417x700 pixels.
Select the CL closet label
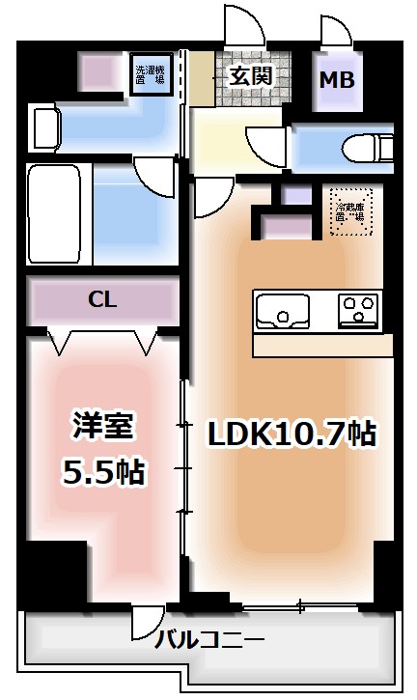[102, 300]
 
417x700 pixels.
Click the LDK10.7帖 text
[292, 434]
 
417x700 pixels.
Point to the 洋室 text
[102, 426]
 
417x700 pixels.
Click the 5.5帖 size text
[102, 472]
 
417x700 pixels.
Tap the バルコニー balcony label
[209, 639]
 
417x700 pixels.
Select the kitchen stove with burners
[359, 311]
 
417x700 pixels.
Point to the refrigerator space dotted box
[349, 206]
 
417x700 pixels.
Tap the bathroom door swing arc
[152, 177]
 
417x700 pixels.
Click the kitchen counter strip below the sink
[322, 345]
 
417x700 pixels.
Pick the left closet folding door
[60, 341]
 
